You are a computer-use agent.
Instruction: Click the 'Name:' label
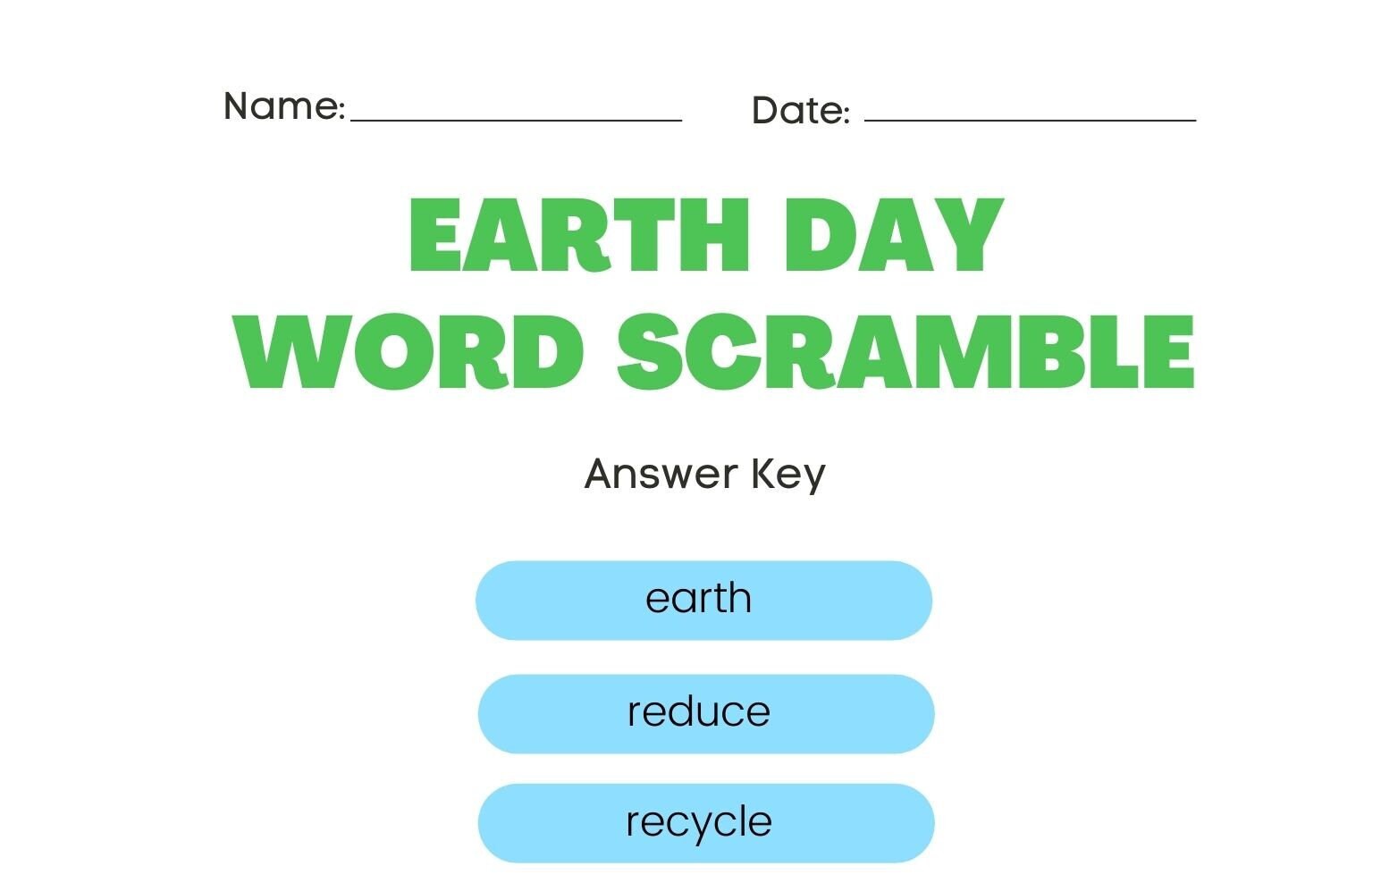pyautogui.click(x=283, y=106)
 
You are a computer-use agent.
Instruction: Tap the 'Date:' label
pyautogui.click(x=800, y=111)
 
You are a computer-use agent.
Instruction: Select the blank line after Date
pyautogui.click(x=1030, y=118)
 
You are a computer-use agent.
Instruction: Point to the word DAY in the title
pyautogui.click(x=894, y=236)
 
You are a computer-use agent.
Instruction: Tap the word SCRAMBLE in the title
pyautogui.click(x=905, y=352)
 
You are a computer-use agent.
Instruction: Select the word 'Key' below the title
pyautogui.click(x=788, y=475)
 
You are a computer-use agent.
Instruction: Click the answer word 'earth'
pyautogui.click(x=698, y=598)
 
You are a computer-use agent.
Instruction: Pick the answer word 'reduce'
pyautogui.click(x=698, y=711)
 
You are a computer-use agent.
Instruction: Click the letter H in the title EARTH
pyautogui.click(x=712, y=236)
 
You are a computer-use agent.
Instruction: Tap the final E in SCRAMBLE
pyautogui.click(x=1168, y=352)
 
